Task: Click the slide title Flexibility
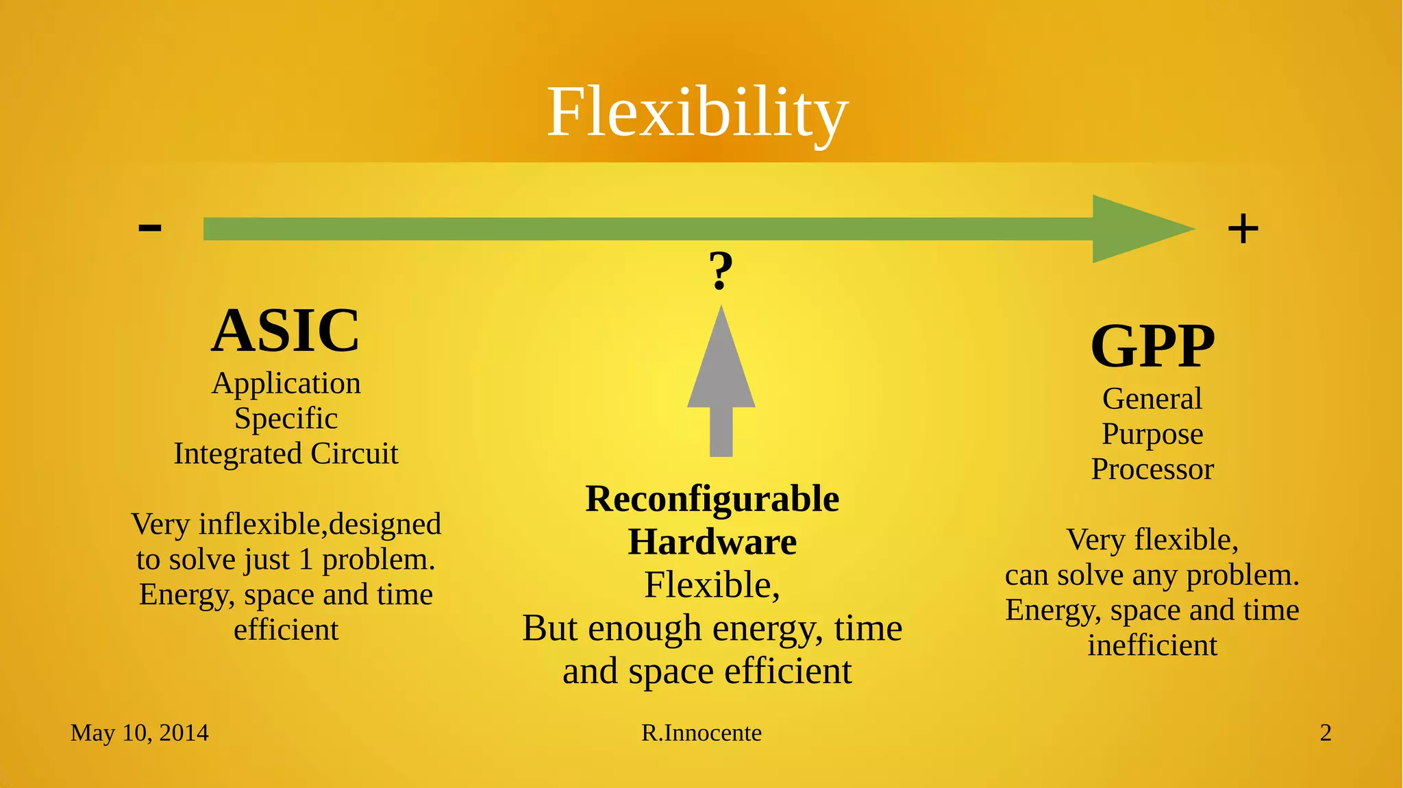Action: [x=697, y=113]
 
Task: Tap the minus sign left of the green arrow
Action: [x=150, y=227]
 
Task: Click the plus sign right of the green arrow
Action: [x=1243, y=229]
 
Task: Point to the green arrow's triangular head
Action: [x=1137, y=229]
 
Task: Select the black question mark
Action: [x=720, y=270]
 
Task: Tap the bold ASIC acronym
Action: [x=285, y=331]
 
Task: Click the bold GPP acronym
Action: [x=1152, y=346]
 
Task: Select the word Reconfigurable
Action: [x=712, y=499]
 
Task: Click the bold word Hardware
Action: [x=712, y=542]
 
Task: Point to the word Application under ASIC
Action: [x=286, y=384]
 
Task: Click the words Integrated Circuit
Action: [x=286, y=454]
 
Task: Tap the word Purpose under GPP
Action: [x=1152, y=434]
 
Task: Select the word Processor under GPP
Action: [x=1152, y=469]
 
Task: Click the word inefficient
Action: [x=1152, y=645]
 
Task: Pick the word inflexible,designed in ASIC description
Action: [x=320, y=525]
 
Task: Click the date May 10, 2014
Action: [x=139, y=733]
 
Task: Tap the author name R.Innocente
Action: [x=701, y=733]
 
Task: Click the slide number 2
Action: [x=1326, y=733]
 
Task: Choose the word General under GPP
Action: [x=1152, y=399]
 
